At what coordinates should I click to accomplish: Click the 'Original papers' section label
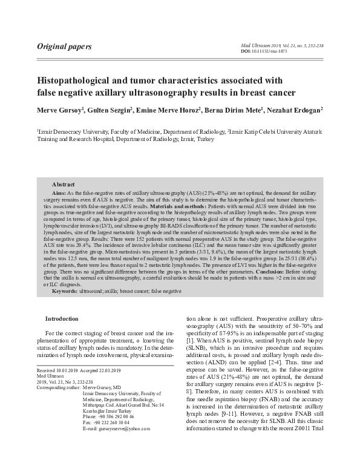coord(65,46)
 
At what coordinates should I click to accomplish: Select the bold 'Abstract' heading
coord(63,183)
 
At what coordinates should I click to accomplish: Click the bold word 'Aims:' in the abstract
coord(59,191)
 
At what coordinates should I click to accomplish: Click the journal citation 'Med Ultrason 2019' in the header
coord(259,45)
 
